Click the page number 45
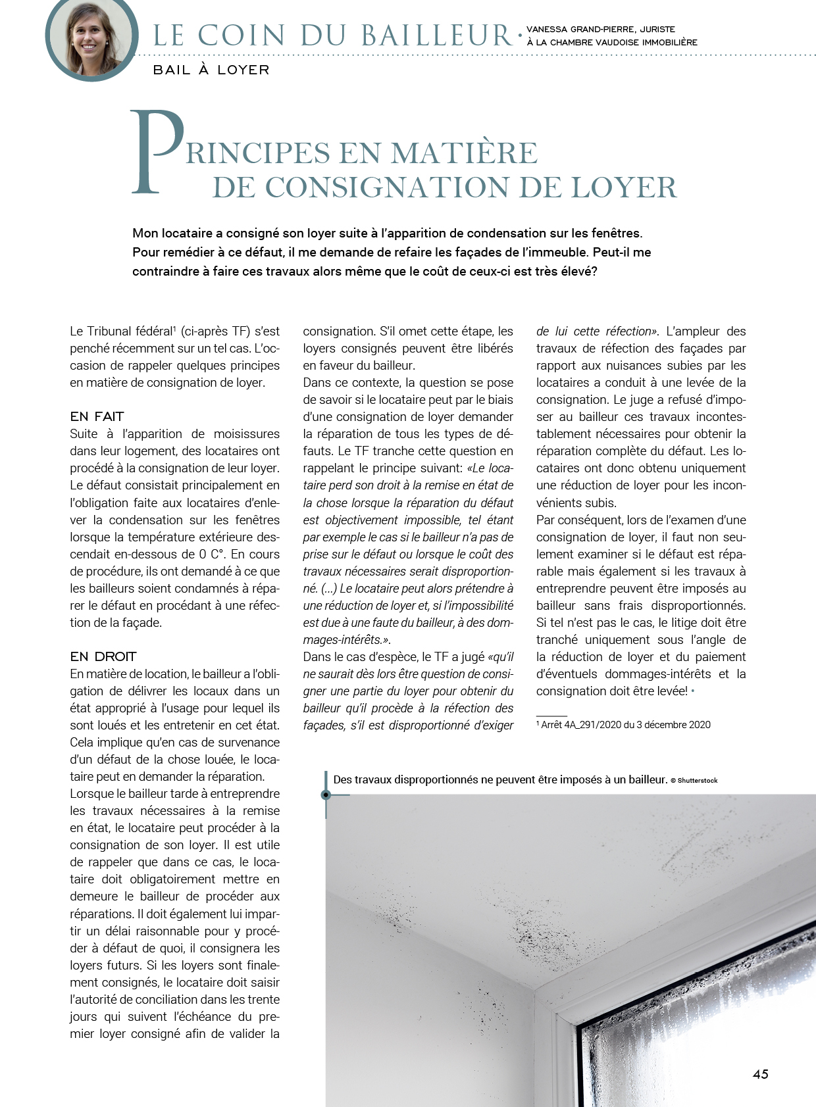click(x=760, y=1074)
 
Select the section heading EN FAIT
click(x=97, y=416)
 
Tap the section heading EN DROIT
click(x=103, y=656)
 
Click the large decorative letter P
click(x=157, y=152)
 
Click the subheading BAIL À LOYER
click(x=211, y=70)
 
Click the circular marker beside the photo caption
click(x=326, y=795)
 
